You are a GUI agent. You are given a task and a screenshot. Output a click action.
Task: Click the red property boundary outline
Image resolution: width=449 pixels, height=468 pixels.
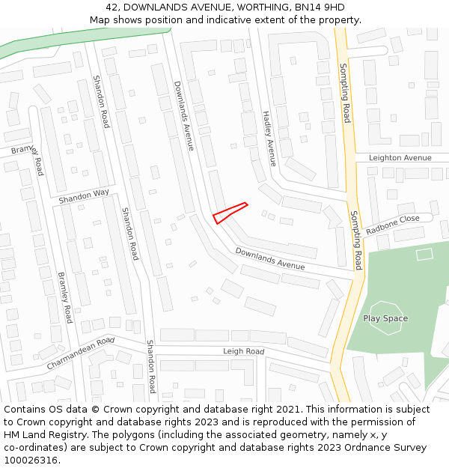click(230, 213)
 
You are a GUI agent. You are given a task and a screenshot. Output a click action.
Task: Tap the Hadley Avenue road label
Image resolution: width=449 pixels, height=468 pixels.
click(269, 139)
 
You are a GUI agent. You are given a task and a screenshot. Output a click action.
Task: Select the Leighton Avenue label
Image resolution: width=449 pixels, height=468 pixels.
click(400, 158)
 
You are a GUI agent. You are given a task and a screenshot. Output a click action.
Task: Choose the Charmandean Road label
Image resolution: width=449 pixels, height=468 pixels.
click(80, 353)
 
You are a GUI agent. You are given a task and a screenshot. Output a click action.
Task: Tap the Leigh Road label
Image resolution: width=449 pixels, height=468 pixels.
click(243, 351)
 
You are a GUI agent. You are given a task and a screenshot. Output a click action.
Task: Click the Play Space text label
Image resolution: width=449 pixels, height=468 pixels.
click(385, 318)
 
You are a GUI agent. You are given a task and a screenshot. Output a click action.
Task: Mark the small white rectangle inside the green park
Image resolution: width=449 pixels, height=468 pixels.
click(424, 254)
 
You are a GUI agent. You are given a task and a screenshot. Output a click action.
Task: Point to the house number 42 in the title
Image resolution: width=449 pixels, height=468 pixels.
click(113, 7)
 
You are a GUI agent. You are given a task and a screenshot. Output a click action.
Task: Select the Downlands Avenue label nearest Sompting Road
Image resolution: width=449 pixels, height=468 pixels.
click(270, 258)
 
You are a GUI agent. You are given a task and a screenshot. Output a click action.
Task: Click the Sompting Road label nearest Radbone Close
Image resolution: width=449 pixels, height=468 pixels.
click(357, 240)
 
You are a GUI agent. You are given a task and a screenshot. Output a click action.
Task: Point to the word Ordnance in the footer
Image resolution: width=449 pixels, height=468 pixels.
click(361, 448)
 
